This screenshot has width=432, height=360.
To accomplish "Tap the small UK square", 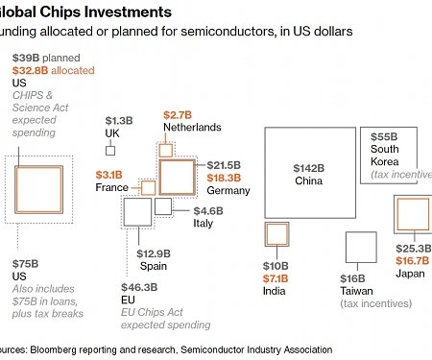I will (110, 150).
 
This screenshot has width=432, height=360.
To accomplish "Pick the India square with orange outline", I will (276, 235).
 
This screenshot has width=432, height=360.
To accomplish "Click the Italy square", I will (163, 204).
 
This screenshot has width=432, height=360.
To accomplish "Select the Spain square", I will (136, 213).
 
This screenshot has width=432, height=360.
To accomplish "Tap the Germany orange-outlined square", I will (177, 177).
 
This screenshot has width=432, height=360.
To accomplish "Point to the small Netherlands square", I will (166, 150).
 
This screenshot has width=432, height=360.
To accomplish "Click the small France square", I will (148, 186).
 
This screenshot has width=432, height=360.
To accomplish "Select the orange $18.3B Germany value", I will (228, 178).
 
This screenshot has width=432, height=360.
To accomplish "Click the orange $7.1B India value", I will (276, 277).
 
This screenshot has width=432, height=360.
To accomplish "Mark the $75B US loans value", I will (25, 263).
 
